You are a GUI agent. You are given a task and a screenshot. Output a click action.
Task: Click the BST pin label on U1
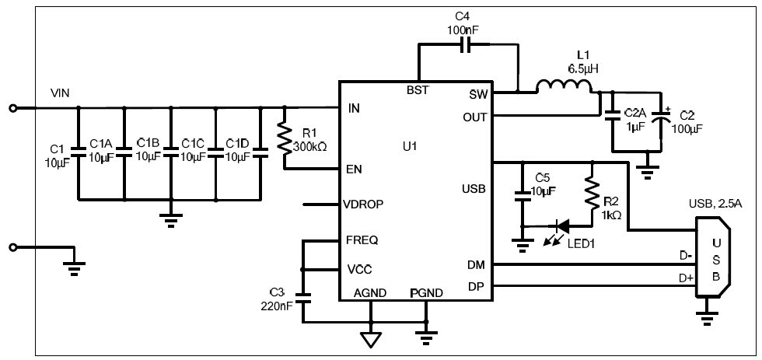click(418, 89)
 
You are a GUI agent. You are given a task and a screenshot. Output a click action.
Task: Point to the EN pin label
click(354, 169)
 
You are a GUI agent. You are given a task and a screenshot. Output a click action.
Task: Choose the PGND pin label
click(426, 293)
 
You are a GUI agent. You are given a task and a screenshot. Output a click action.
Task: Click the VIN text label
click(60, 93)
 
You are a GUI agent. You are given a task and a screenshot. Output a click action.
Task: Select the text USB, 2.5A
click(715, 205)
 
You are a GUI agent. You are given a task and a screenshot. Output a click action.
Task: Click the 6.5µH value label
click(582, 68)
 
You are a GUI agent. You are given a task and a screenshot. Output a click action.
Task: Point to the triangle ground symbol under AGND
click(371, 339)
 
